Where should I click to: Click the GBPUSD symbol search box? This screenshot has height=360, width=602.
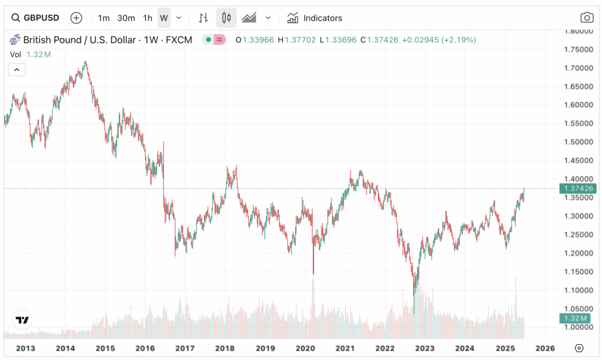tap(36, 18)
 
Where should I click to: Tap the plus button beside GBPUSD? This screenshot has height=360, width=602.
tap(76, 18)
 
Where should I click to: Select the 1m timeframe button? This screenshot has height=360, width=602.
tap(104, 18)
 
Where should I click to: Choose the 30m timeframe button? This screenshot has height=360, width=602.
tap(126, 18)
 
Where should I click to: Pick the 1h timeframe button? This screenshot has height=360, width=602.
tap(148, 18)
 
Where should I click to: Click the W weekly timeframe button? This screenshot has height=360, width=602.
tap(164, 18)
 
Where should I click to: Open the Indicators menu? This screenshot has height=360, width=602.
tap(315, 18)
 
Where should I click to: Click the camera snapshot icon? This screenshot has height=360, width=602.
tap(586, 18)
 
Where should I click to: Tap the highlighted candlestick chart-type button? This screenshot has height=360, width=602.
tap(226, 18)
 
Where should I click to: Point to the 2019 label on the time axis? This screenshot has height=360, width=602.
tap(265, 348)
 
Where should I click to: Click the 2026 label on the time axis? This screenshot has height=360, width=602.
tap(545, 348)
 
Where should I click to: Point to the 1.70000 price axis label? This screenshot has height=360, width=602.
tap(576, 68)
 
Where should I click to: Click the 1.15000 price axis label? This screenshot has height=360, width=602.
tap(576, 272)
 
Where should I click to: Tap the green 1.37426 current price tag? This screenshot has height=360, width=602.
tap(578, 188)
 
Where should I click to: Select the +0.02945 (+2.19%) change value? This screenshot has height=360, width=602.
tap(439, 40)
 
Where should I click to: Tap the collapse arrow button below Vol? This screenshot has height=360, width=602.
tap(16, 70)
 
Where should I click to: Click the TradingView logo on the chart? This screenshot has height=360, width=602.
tap(22, 321)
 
